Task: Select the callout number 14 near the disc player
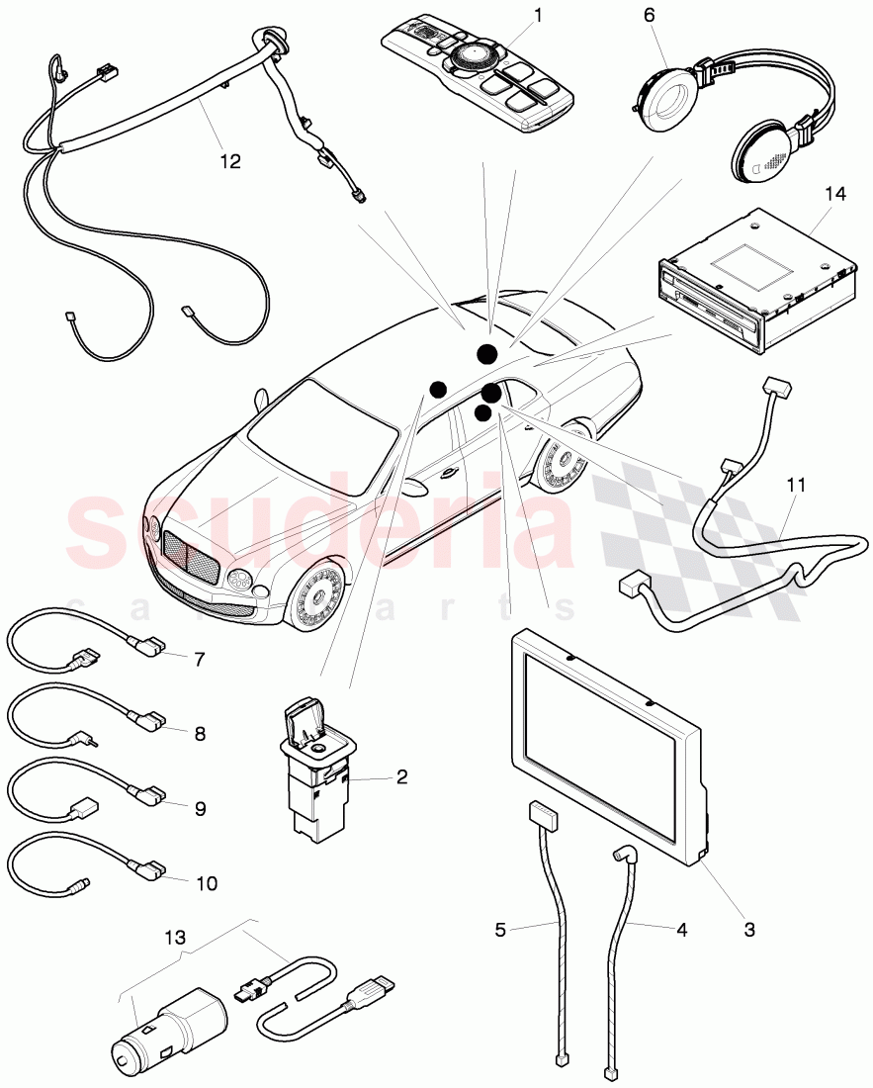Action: click(835, 194)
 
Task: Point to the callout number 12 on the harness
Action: click(229, 160)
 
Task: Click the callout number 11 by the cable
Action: click(797, 485)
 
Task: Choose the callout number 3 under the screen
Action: click(748, 929)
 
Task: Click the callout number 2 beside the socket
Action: click(401, 776)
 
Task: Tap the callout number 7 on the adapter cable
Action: click(199, 658)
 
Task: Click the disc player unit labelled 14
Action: click(751, 282)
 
